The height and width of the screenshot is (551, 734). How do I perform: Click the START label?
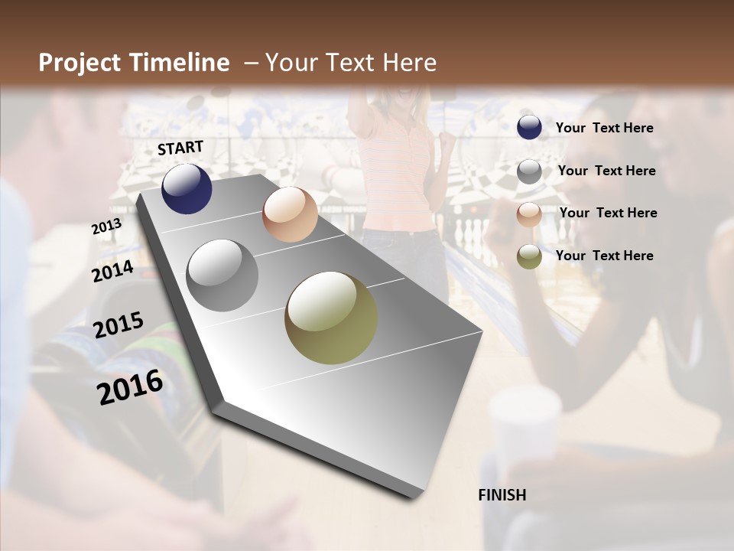pyautogui.click(x=180, y=148)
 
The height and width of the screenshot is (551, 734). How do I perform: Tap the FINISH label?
pyautogui.click(x=502, y=495)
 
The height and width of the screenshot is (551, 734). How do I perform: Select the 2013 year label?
pyautogui.click(x=106, y=227)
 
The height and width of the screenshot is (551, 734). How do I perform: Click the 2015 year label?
pyautogui.click(x=119, y=325)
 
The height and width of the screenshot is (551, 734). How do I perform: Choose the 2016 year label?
pyautogui.click(x=130, y=386)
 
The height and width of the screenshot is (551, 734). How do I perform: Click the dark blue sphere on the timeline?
pyautogui.click(x=187, y=188)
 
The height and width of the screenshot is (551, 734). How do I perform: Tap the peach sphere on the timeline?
pyautogui.click(x=290, y=214)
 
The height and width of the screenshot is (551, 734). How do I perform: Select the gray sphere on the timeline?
pyautogui.click(x=222, y=275)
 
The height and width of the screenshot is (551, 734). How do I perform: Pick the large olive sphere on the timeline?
pyautogui.click(x=331, y=318)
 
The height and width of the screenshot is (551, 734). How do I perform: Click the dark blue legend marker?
pyautogui.click(x=529, y=128)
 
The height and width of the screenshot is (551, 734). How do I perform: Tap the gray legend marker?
pyautogui.click(x=529, y=171)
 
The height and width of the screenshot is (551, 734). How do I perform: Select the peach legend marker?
pyautogui.click(x=529, y=214)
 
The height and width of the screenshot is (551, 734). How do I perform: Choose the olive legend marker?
pyautogui.click(x=529, y=256)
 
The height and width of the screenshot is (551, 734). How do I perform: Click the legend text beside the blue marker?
pyautogui.click(x=605, y=128)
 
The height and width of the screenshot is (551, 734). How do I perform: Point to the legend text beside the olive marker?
pyautogui.click(x=605, y=256)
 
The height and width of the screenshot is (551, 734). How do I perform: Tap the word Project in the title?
pyautogui.click(x=80, y=63)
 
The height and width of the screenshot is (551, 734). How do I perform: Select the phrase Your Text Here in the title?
pyautogui.click(x=351, y=63)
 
